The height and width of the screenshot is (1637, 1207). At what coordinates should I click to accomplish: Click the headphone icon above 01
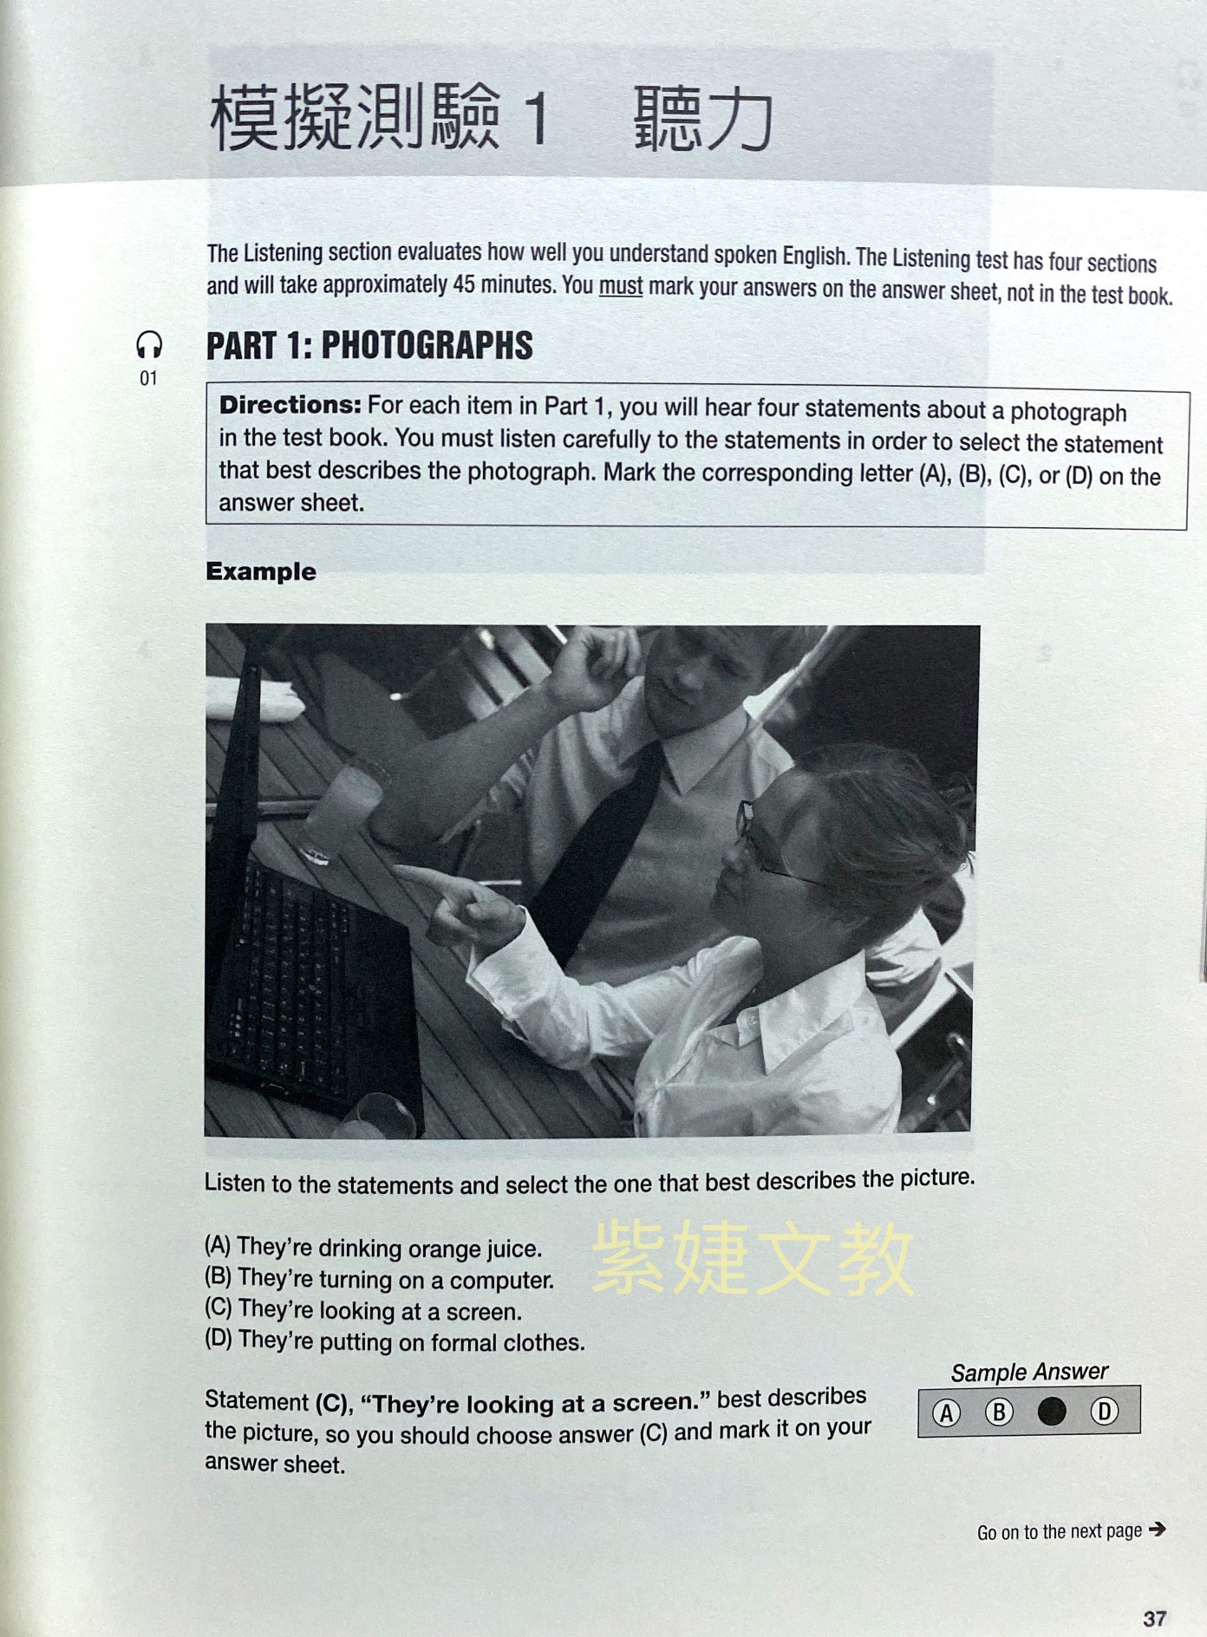(149, 345)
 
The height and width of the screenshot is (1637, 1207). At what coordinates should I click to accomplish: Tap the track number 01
(148, 378)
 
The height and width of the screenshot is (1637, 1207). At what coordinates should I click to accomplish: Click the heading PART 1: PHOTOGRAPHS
(369, 345)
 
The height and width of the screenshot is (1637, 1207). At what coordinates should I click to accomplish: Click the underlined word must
(621, 286)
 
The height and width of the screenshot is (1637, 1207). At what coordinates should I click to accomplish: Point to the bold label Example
(260, 571)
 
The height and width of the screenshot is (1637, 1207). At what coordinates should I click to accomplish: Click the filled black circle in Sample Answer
(1052, 1412)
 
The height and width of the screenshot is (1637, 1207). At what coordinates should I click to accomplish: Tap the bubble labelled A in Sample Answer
(946, 1413)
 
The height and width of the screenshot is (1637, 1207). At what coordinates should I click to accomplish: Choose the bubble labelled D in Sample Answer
(1104, 1412)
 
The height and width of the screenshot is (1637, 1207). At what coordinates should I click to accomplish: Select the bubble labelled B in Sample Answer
(999, 1412)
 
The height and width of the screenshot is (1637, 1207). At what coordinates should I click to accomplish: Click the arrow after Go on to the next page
(1157, 1529)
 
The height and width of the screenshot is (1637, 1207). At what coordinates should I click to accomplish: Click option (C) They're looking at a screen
(363, 1309)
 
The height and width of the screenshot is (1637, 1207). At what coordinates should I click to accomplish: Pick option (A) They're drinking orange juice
(374, 1247)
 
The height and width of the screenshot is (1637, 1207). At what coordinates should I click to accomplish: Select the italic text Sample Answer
(1029, 1372)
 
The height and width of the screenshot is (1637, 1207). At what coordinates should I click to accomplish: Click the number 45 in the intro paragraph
(465, 284)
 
